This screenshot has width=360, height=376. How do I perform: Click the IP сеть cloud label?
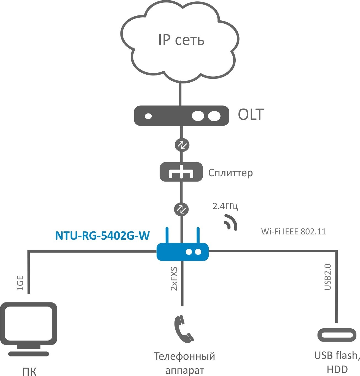(x=181, y=40)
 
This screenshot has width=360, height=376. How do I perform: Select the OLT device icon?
(x=181, y=116)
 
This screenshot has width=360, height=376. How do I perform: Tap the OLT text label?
(x=251, y=115)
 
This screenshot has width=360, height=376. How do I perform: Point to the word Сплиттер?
(x=230, y=173)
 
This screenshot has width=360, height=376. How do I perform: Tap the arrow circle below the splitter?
(x=181, y=209)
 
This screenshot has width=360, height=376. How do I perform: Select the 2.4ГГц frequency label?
(x=225, y=206)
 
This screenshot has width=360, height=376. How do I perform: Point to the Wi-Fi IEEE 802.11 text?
(x=294, y=231)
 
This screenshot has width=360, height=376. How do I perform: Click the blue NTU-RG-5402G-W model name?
(x=103, y=236)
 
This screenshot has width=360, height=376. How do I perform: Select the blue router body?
(x=182, y=251)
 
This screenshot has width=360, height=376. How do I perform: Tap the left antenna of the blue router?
(x=166, y=235)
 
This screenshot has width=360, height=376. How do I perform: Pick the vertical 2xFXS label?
(x=174, y=278)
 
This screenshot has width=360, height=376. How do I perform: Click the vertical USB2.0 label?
(x=327, y=277)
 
